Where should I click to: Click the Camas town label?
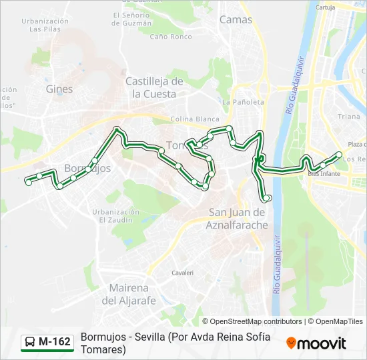pos(236,20)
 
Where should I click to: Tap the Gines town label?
pos(59,89)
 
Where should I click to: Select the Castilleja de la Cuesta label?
pos(154,87)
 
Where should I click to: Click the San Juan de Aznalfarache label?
pos(238,218)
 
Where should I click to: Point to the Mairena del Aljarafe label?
pos(129,294)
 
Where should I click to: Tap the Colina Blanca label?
pos(186,119)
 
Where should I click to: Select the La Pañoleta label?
pos(243,102)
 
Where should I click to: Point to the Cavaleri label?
pos(182,273)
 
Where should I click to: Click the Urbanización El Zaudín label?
pos(116,215)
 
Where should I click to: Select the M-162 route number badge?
pos(54,342)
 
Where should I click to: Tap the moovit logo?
pos(316,343)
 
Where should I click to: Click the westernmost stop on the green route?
pos(28,181)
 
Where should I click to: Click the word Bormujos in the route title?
pos(103,336)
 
